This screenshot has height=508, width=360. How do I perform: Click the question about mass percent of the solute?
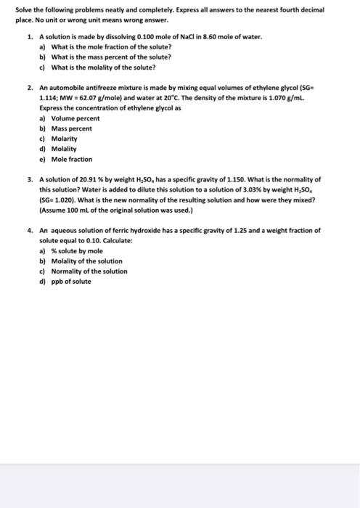(110, 57)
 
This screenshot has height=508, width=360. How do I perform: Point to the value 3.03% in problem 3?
(271, 189)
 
